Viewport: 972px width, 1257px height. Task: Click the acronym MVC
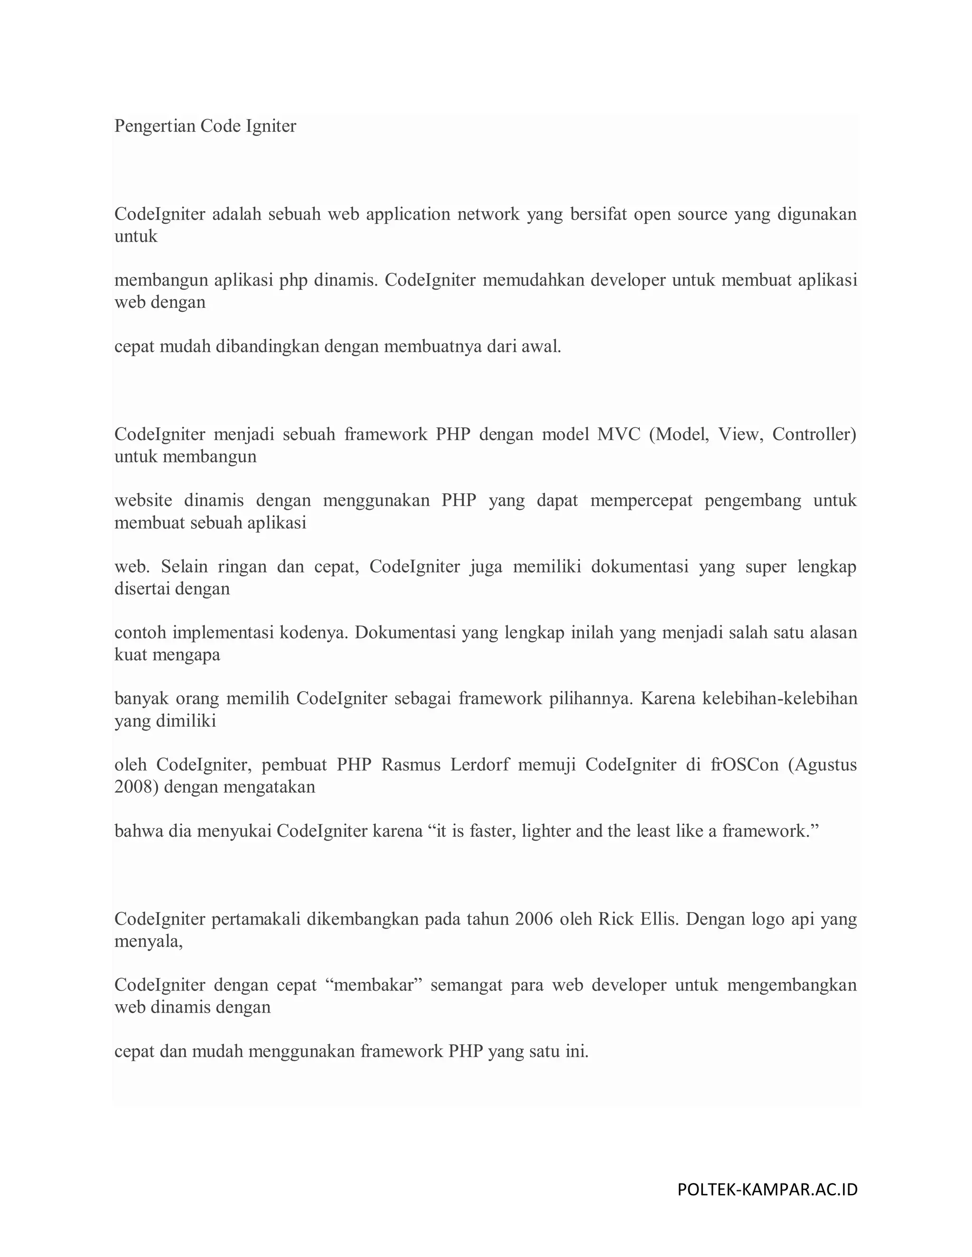618,434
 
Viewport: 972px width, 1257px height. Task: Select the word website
143,501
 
